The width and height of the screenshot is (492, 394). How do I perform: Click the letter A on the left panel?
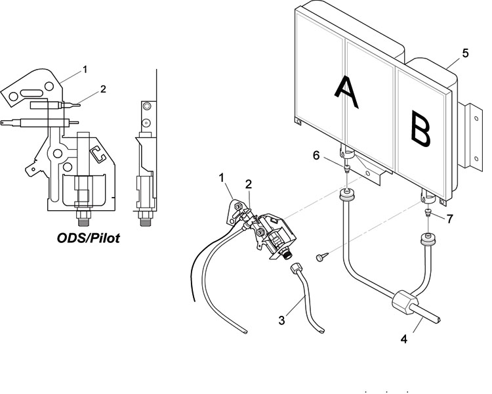tap(346, 93)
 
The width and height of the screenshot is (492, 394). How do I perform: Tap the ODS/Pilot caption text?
tap(88, 238)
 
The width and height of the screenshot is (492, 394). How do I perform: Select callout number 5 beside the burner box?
tap(465, 53)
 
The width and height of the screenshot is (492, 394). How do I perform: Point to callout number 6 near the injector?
tap(316, 156)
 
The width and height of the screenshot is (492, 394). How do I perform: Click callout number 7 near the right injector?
tap(450, 219)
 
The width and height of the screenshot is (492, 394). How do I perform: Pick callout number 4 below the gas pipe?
tap(404, 339)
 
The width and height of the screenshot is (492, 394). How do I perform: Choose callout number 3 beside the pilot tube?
tap(281, 320)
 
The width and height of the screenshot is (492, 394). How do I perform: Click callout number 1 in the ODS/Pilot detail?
tap(85, 69)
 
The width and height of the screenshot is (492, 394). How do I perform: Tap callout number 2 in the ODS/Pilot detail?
tap(103, 89)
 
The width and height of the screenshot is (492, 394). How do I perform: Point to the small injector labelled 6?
tap(347, 168)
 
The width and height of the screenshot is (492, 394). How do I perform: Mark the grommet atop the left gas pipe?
tap(347, 195)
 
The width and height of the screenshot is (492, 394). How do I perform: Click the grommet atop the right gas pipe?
tap(428, 240)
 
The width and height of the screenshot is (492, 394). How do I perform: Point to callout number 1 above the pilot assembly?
tap(222, 178)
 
